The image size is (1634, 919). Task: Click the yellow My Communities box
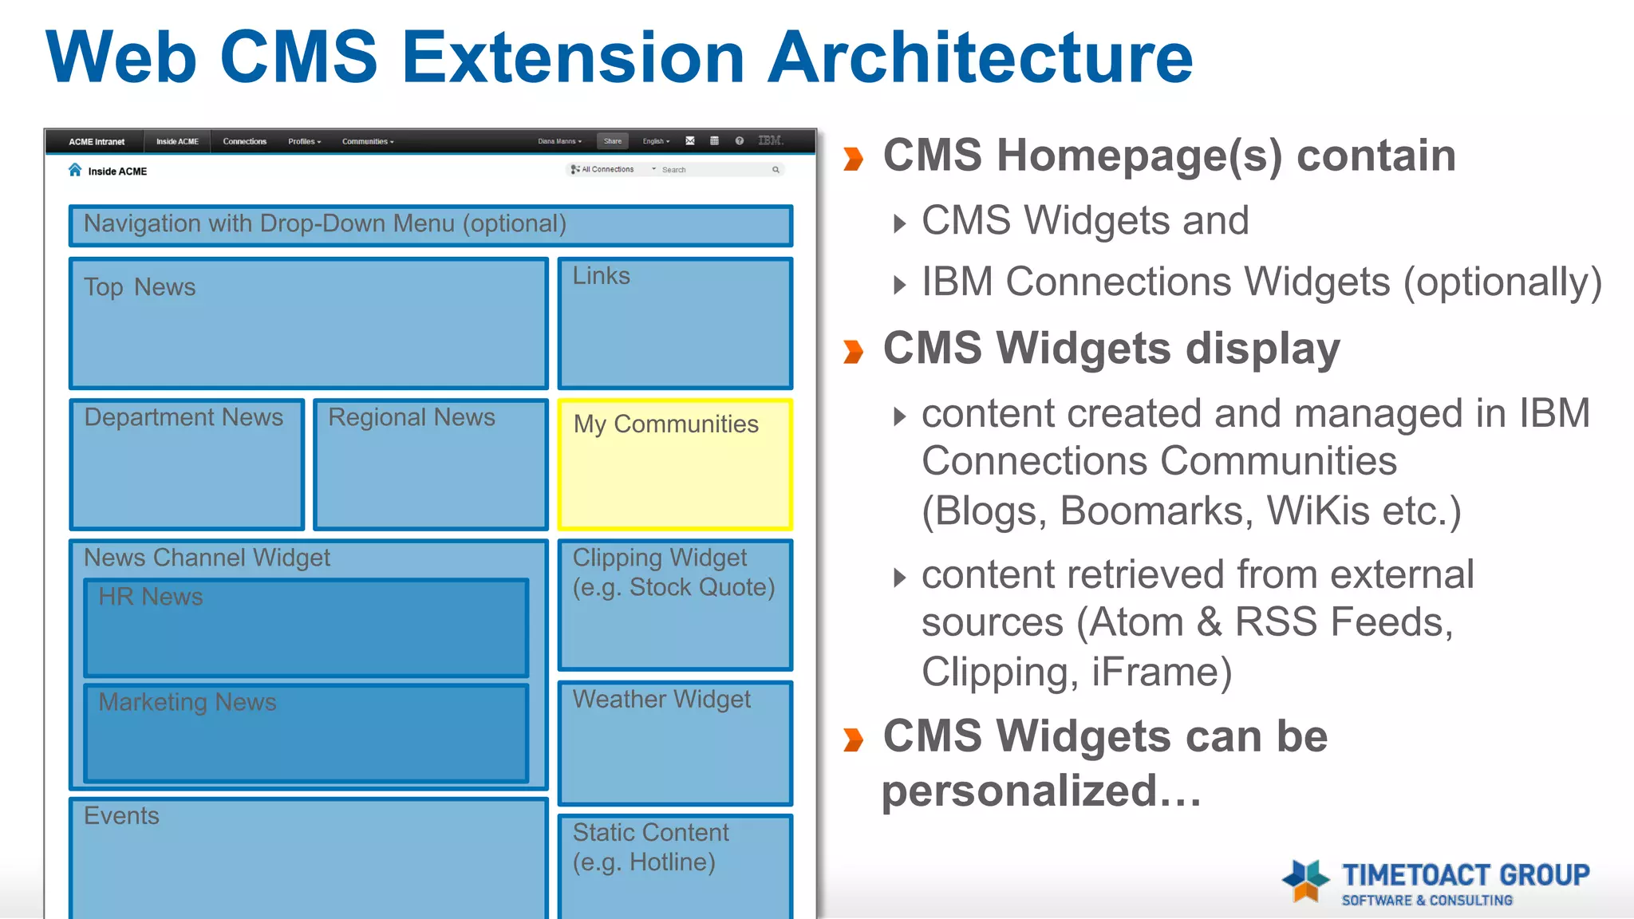click(x=675, y=465)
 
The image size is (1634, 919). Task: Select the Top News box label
click(x=140, y=287)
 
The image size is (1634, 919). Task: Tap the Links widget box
click(x=675, y=323)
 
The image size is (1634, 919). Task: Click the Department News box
click(x=187, y=465)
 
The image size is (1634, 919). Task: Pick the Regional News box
click(x=431, y=465)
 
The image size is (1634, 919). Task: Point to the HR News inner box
click(x=306, y=629)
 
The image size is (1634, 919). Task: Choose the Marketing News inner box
click(x=306, y=733)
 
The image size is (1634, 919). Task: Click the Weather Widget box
click(x=675, y=743)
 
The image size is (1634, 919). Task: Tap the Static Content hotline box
click(x=675, y=866)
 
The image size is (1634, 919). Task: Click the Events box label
click(x=121, y=816)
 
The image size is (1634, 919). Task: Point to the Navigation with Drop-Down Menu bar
click(x=431, y=225)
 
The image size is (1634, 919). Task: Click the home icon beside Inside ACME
click(x=75, y=170)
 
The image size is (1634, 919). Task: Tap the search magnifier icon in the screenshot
click(x=776, y=170)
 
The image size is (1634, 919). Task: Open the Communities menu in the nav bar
click(x=367, y=141)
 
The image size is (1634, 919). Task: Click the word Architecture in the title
click(x=980, y=57)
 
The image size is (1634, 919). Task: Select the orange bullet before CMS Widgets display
click(x=854, y=351)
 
